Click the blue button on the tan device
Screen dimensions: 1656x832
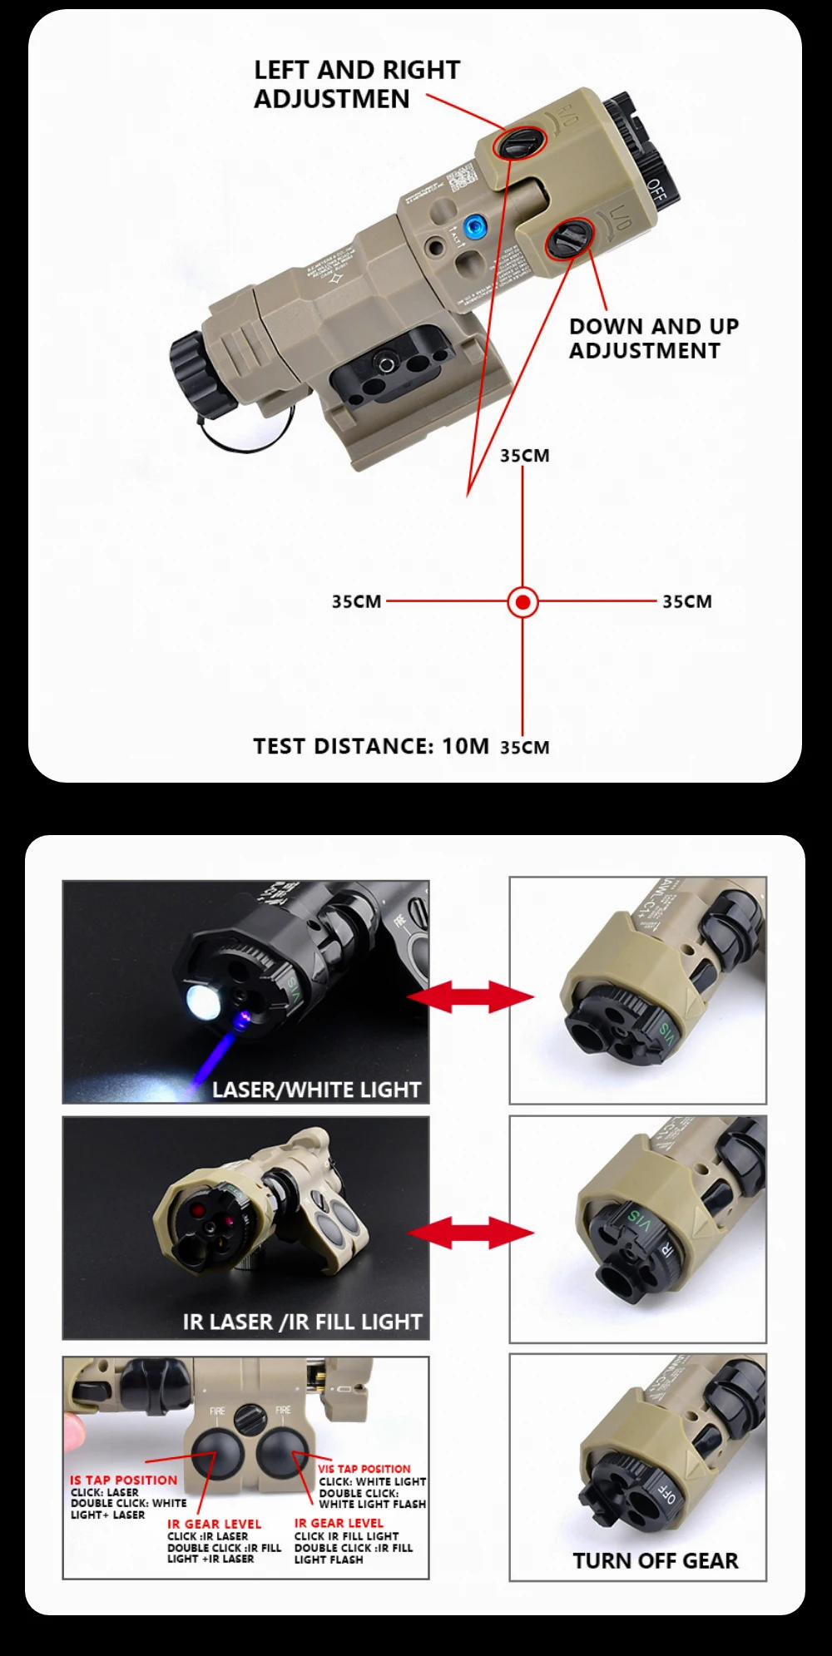click(475, 225)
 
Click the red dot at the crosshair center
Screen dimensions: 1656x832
click(522, 601)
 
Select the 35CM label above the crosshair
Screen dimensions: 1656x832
click(524, 456)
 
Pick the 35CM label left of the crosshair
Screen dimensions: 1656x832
click(356, 601)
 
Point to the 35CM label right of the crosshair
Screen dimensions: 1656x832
click(687, 601)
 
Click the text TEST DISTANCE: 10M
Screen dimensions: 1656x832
click(371, 746)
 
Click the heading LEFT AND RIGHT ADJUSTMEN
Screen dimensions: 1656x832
click(356, 84)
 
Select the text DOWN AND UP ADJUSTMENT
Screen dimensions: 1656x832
click(653, 339)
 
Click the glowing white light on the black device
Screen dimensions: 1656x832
click(202, 1002)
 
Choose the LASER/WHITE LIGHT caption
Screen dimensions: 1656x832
click(316, 1090)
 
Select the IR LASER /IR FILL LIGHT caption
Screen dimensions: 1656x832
click(302, 1322)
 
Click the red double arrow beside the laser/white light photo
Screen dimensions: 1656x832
click(471, 996)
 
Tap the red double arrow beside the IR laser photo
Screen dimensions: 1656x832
click(471, 1233)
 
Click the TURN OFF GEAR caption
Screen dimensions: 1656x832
click(655, 1560)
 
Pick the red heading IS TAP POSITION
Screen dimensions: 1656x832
click(123, 1480)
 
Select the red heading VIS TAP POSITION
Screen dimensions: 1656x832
click(364, 1469)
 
